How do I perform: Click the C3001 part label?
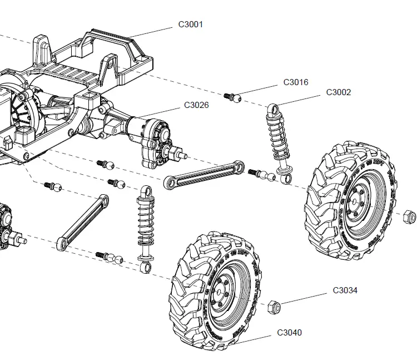[x=190, y=24]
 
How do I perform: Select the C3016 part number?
[x=295, y=82]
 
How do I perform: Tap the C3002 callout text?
[x=338, y=92]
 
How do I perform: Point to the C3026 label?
[x=196, y=105]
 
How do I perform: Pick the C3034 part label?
[x=345, y=290]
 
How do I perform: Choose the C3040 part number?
[x=289, y=333]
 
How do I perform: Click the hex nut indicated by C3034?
[x=274, y=305]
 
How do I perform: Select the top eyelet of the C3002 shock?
[x=274, y=108]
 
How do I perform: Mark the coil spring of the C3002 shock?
[x=277, y=136]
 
